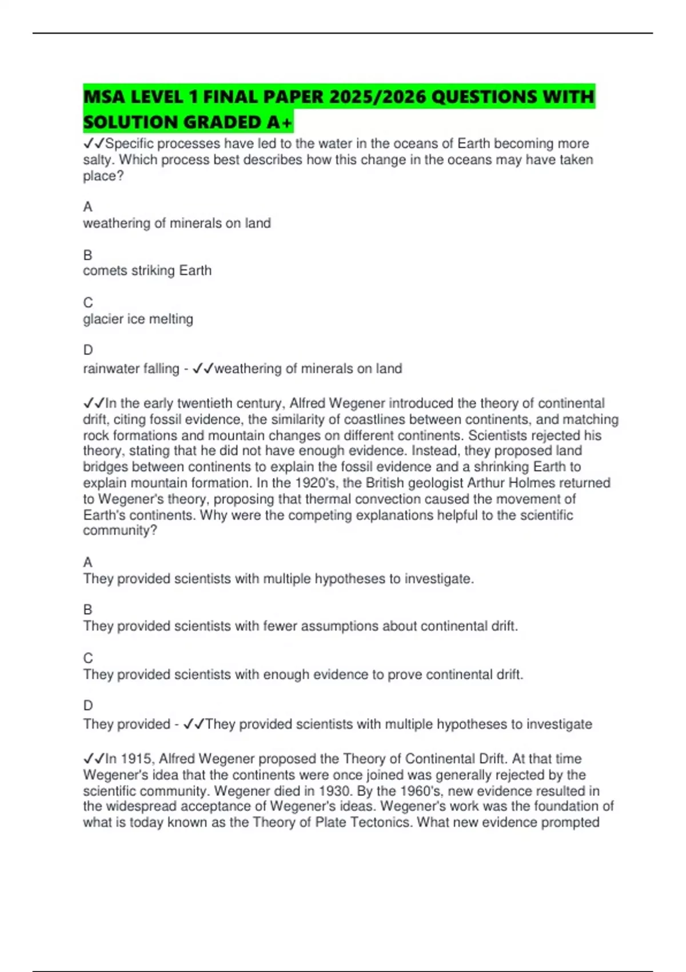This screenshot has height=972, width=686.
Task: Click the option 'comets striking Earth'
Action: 147,270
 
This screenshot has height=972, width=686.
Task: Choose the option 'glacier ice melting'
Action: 138,319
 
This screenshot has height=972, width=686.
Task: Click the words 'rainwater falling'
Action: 131,369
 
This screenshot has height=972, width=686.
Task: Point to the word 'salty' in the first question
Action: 98,160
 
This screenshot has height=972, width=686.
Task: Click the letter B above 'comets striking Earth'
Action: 87,255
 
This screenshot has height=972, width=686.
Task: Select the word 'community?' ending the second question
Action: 119,531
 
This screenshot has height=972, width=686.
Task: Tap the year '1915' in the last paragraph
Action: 135,759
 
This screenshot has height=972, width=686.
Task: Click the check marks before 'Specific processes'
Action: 94,144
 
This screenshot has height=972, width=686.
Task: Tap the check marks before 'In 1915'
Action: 94,759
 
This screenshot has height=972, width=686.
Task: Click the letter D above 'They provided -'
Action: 87,706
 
